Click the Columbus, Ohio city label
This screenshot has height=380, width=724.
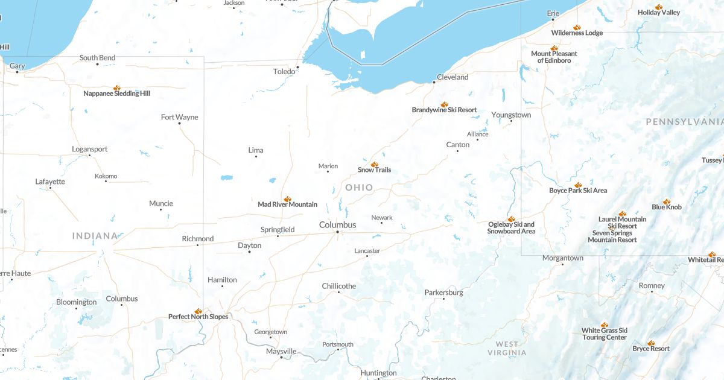[x=337, y=225]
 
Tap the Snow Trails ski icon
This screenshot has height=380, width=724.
[x=374, y=164]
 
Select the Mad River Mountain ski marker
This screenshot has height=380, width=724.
[x=287, y=198]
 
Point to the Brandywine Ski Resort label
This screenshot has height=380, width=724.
[x=444, y=110]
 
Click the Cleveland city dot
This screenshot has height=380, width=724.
[x=434, y=82]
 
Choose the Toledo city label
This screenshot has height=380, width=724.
[x=284, y=71]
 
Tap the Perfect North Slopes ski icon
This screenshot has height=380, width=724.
[x=198, y=311]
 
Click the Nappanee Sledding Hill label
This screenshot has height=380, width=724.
[x=116, y=93]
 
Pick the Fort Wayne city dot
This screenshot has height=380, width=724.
[x=179, y=124]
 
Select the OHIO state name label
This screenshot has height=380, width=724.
[x=360, y=188]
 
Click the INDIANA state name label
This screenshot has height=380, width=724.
[x=95, y=236]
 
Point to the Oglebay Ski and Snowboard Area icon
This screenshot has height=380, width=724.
[x=511, y=219]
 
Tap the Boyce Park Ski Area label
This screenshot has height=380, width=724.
[x=577, y=191]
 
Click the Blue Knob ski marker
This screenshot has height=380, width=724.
[x=666, y=201]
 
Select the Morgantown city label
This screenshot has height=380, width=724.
[x=562, y=258]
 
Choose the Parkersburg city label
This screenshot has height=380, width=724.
[x=443, y=293]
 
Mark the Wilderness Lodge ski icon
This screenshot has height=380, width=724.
[x=577, y=27]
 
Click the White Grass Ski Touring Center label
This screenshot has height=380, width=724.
[x=605, y=334]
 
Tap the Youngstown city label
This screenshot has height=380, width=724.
[x=511, y=115]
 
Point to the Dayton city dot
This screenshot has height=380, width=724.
[x=250, y=252]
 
